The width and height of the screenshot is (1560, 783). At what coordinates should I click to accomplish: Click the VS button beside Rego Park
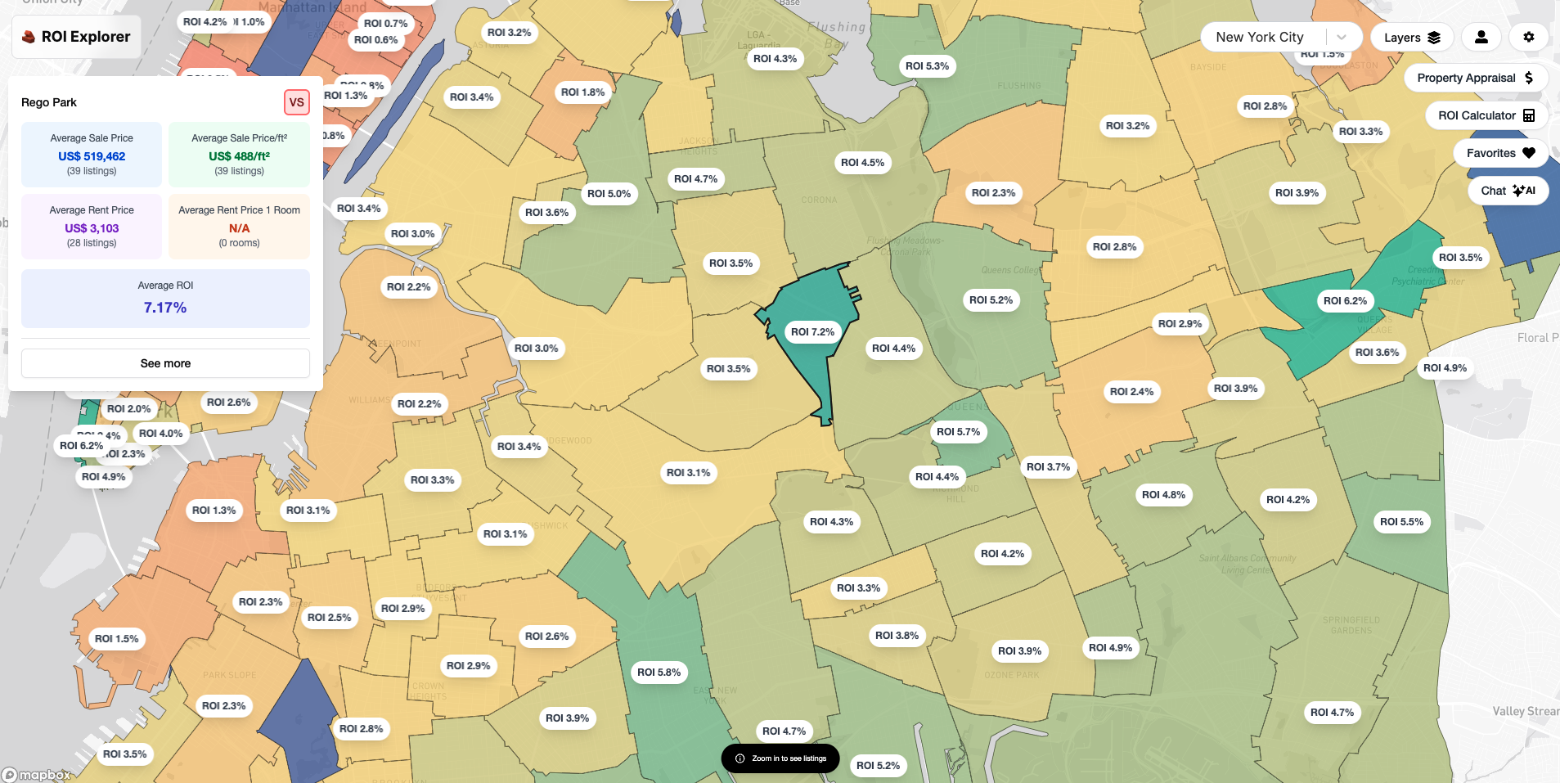pyautogui.click(x=296, y=102)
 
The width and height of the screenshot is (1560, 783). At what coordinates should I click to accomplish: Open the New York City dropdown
pyautogui.click(x=1279, y=37)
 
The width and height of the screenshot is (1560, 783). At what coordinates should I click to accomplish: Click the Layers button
pyautogui.click(x=1411, y=38)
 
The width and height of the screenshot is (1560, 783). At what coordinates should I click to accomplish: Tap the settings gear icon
pyautogui.click(x=1528, y=37)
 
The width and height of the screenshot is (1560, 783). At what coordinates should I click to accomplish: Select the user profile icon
pyautogui.click(x=1481, y=37)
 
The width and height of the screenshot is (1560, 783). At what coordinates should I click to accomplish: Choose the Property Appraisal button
pyautogui.click(x=1475, y=78)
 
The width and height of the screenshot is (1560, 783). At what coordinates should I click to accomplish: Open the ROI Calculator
pyautogui.click(x=1486, y=115)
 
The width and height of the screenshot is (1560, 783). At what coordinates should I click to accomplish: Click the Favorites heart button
pyautogui.click(x=1500, y=153)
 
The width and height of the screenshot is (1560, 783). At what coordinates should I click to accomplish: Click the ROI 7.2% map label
pyautogui.click(x=812, y=331)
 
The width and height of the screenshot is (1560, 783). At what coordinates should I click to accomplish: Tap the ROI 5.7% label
pyautogui.click(x=958, y=431)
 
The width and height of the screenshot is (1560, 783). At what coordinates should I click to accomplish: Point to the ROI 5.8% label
pyautogui.click(x=659, y=672)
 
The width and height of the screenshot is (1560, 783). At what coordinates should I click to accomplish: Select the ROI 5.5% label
pyautogui.click(x=1401, y=521)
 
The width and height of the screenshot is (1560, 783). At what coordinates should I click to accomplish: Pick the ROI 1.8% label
pyautogui.click(x=582, y=92)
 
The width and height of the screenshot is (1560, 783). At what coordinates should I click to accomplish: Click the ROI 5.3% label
pyautogui.click(x=927, y=65)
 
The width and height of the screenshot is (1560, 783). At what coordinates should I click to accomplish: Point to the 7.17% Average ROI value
pyautogui.click(x=165, y=308)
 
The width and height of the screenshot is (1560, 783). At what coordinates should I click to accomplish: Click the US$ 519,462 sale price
pyautogui.click(x=92, y=156)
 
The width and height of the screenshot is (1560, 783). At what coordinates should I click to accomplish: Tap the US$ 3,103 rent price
pyautogui.click(x=92, y=228)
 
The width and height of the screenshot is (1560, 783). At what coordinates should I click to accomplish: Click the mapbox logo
pyautogui.click(x=37, y=775)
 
